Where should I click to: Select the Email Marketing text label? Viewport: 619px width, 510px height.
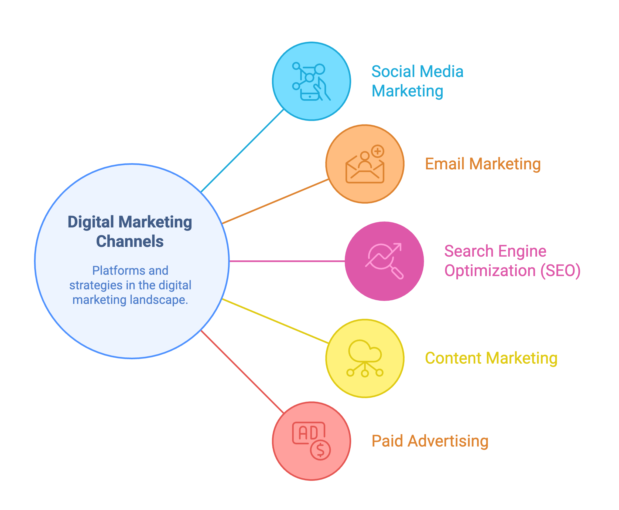tap(483, 164)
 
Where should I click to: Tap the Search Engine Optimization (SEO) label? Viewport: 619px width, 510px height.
tap(512, 261)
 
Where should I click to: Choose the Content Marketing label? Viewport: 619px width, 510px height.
tap(491, 358)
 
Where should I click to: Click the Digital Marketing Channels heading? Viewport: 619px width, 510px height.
tap(130, 231)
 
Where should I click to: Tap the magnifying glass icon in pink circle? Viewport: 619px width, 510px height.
tap(384, 261)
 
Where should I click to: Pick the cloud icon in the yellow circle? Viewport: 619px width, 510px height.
tap(365, 351)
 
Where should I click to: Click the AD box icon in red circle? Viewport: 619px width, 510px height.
tap(308, 433)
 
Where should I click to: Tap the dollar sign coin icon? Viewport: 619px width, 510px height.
tap(320, 450)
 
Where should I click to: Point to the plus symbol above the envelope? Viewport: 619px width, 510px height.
tap(378, 151)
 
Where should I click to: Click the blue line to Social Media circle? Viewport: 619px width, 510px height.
tap(242, 151)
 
